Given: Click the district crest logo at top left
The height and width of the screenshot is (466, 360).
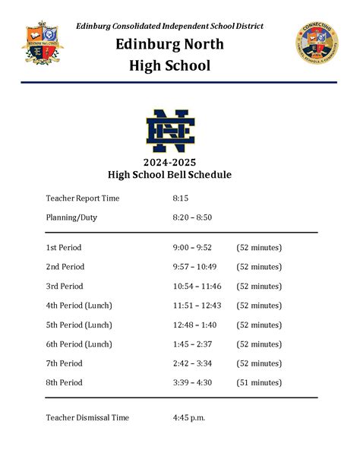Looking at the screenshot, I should [43, 45].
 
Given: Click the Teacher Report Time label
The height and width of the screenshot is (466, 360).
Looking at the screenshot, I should [83, 198].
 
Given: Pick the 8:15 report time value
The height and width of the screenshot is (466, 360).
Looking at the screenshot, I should [180, 198].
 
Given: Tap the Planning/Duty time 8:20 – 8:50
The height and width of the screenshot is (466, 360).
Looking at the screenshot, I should [192, 217].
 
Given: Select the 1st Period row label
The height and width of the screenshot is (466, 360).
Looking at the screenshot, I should [63, 248].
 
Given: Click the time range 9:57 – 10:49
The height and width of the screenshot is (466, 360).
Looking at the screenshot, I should [194, 267].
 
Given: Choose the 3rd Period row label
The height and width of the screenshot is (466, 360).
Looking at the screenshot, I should [65, 287].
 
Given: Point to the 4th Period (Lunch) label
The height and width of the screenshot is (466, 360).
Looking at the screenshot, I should [79, 306].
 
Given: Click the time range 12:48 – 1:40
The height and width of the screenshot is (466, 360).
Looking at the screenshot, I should [194, 325].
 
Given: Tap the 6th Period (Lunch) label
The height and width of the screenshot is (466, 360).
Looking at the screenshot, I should [79, 344].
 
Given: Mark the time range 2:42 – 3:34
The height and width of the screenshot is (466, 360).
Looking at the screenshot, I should [192, 363].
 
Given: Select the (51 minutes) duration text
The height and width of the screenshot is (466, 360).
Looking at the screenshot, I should [259, 382].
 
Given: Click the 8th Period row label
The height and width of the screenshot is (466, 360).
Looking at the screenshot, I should [65, 382].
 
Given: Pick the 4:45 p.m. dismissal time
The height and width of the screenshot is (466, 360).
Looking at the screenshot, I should [189, 417].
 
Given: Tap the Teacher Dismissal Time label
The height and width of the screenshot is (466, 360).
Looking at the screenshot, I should [87, 417].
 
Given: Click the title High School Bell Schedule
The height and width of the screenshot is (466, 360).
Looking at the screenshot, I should [180, 175].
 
